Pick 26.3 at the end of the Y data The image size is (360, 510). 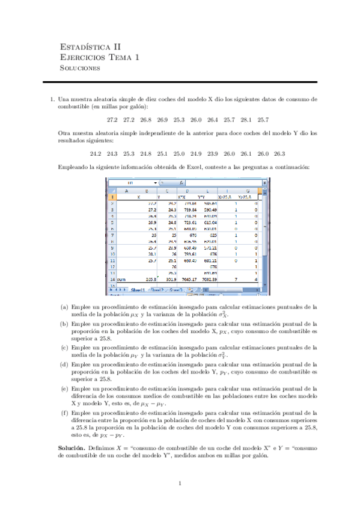point(279,153)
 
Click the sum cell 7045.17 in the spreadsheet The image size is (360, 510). point(181,279)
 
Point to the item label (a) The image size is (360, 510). point(64,306)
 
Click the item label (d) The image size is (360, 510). point(64,364)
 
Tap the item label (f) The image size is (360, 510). point(64,413)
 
